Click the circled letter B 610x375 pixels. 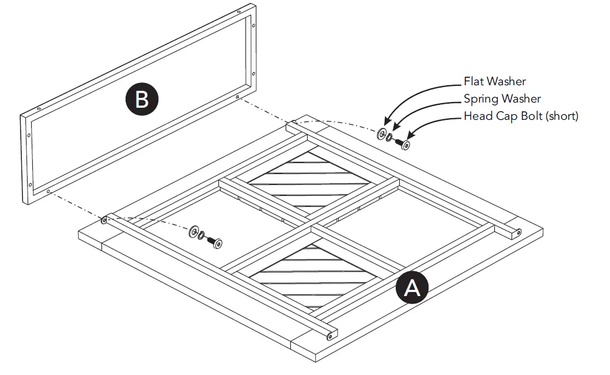click(142, 99)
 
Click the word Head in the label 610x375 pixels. click(477, 116)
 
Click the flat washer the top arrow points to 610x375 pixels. click(381, 134)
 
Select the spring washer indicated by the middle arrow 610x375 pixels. click(391, 138)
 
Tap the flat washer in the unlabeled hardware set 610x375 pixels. click(192, 232)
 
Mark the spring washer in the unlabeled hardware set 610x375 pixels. click(201, 236)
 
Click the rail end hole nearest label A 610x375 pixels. click(331, 335)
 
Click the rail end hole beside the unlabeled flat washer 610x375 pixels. click(104, 220)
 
